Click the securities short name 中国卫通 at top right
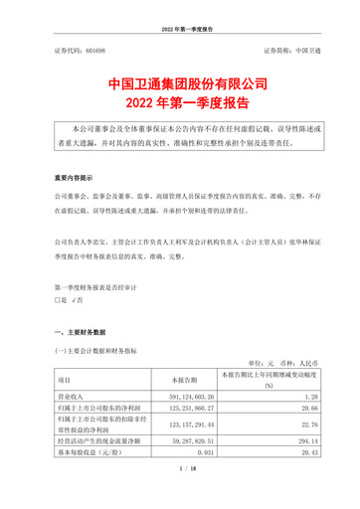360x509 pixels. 298,49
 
